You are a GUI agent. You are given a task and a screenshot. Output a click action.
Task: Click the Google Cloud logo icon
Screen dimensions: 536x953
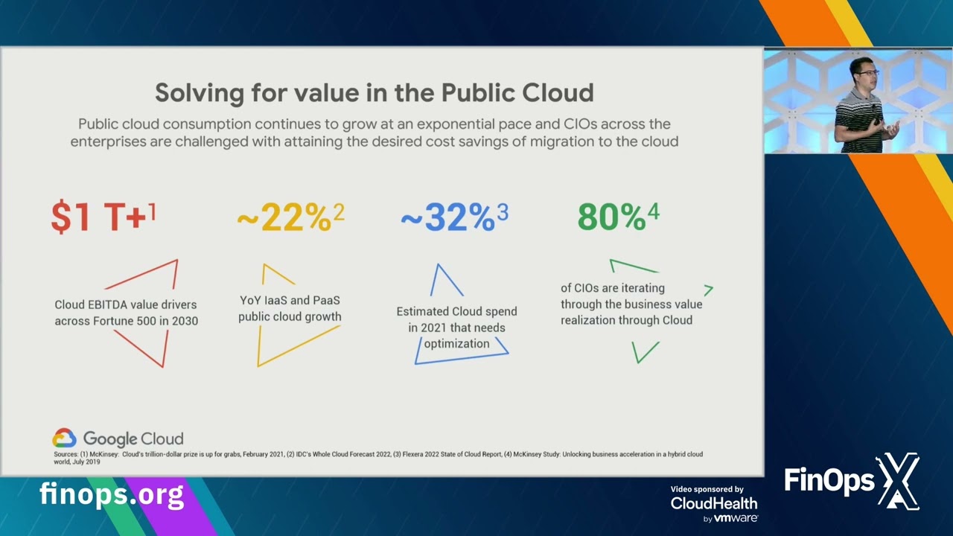click(x=64, y=438)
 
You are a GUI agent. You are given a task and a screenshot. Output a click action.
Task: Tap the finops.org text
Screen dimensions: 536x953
click(x=111, y=494)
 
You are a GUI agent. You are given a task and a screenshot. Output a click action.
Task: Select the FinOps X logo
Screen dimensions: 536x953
click(x=852, y=482)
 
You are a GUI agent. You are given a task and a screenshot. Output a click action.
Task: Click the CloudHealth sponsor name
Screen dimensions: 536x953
click(x=713, y=503)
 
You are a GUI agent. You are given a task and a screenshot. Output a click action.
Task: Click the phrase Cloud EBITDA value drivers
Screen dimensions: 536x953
click(x=125, y=304)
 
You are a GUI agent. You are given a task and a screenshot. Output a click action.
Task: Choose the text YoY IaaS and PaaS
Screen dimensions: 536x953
click(x=290, y=301)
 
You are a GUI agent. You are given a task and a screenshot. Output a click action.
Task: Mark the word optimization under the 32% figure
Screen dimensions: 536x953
click(x=456, y=343)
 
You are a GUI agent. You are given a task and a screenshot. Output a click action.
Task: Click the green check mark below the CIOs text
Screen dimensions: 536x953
click(x=645, y=351)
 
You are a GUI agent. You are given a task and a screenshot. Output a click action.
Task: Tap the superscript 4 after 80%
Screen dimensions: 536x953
click(x=653, y=211)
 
